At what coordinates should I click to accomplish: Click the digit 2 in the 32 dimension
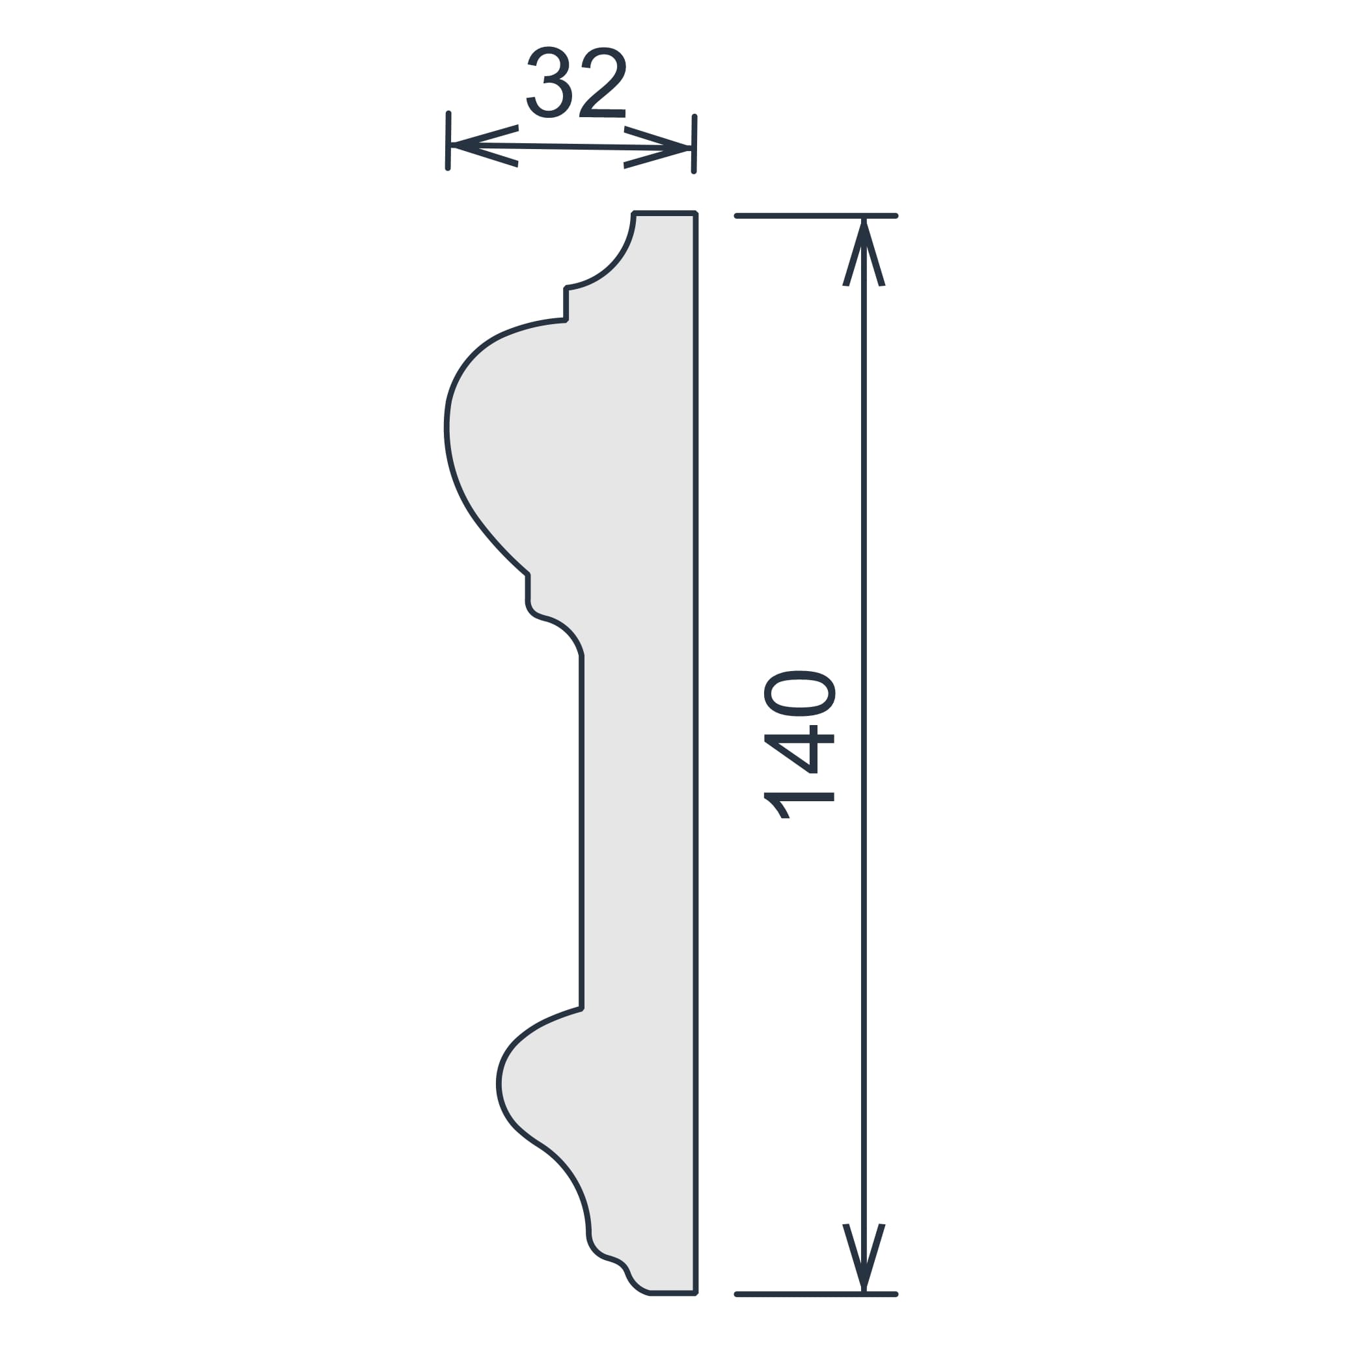(x=603, y=82)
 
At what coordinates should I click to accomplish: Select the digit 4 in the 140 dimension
(x=799, y=749)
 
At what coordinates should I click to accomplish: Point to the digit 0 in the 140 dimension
(x=799, y=693)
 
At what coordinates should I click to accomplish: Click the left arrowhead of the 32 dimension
(x=484, y=146)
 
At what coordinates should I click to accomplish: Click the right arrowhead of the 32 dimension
(x=657, y=148)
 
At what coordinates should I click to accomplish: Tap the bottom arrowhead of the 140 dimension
(x=863, y=1258)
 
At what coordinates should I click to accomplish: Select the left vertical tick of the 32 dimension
(x=448, y=141)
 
